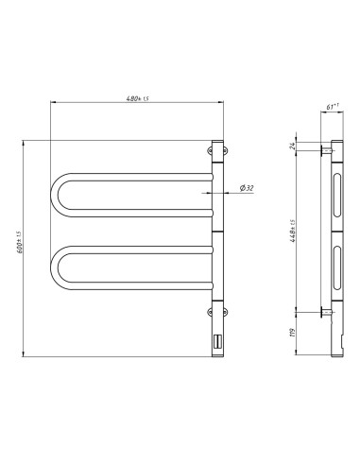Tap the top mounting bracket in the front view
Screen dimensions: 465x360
coord(214,149)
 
